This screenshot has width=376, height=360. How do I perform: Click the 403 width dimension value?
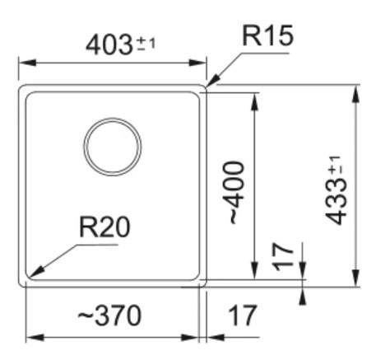(109, 44)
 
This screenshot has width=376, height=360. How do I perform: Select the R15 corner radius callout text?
(268, 35)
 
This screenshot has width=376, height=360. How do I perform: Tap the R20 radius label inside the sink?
(104, 227)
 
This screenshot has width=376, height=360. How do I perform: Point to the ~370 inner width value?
(109, 316)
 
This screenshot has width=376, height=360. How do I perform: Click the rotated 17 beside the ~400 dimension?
(283, 257)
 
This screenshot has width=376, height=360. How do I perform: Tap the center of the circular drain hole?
(113, 147)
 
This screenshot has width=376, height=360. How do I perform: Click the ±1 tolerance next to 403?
(146, 44)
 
